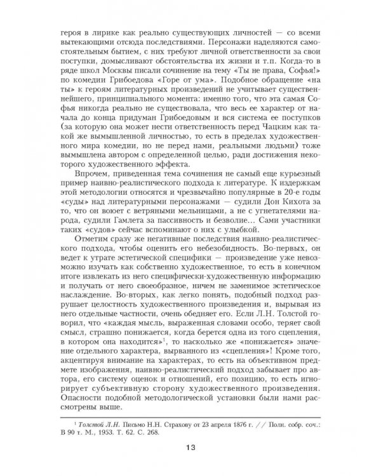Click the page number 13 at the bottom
pyautogui.click(x=191, y=448)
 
